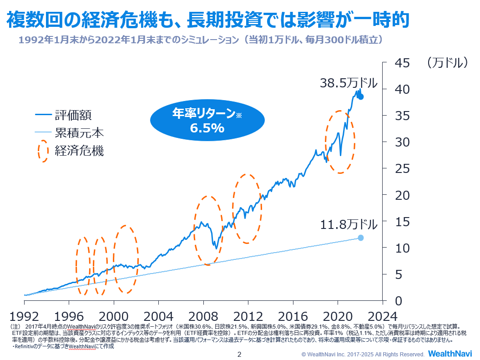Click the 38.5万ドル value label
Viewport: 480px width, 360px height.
[x=349, y=83]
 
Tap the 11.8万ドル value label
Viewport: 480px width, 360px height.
[x=349, y=224]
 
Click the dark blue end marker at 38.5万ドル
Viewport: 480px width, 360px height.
[x=361, y=96]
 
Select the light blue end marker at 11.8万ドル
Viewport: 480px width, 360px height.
[x=361, y=238]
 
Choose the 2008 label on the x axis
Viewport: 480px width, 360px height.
[x=203, y=315]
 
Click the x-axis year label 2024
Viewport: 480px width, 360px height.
[x=382, y=315]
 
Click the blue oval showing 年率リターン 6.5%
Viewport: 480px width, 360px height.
[x=207, y=121]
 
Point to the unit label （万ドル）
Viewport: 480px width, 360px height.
[x=448, y=63]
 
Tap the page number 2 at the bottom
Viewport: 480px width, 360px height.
[x=240, y=354]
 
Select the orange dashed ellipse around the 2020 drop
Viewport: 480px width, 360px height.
[x=340, y=142]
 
